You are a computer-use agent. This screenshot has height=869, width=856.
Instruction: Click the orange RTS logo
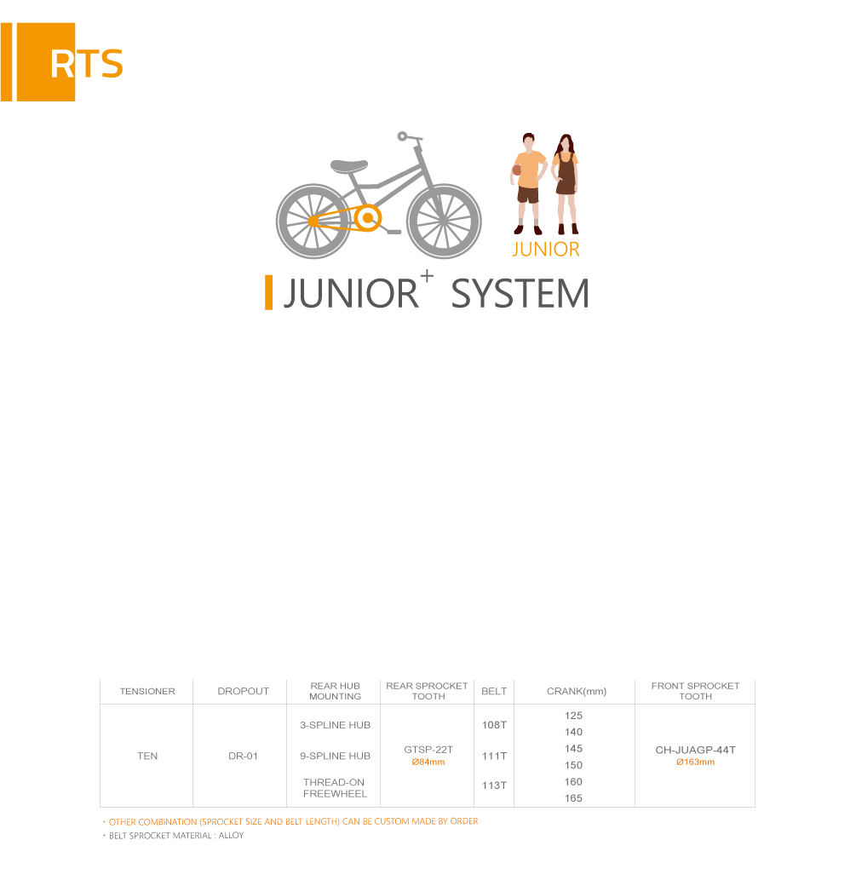coord(61,62)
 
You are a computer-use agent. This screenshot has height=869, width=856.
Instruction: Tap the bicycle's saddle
coord(349,165)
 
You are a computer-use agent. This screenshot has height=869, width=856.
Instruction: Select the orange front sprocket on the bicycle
coord(367,218)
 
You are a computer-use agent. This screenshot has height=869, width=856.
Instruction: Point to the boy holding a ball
coord(528,184)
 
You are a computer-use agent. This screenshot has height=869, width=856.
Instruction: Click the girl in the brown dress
coord(566,184)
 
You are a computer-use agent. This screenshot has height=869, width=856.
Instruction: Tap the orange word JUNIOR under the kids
coord(546,250)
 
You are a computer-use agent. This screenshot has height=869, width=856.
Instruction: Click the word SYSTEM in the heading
coord(520,293)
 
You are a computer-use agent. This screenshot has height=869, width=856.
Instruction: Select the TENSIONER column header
coord(147,691)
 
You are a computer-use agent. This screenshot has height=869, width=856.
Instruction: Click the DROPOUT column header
coord(244,691)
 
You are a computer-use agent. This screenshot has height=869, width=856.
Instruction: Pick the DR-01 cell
coord(244,756)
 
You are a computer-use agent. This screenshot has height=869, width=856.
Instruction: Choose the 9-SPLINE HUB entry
coord(336,756)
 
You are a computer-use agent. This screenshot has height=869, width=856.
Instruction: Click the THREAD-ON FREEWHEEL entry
coord(335,788)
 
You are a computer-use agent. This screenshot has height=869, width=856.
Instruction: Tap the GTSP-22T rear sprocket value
coord(428,750)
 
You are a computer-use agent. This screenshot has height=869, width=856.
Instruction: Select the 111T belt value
coord(494,756)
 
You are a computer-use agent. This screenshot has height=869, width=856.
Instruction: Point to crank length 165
coord(573,798)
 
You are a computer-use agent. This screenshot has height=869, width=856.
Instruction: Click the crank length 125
coord(573,716)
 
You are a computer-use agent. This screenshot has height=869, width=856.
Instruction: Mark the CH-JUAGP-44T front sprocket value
coord(695,750)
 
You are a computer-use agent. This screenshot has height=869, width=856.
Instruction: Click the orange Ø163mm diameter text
coord(695,762)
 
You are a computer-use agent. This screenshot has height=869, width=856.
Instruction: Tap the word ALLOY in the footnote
coord(231,835)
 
